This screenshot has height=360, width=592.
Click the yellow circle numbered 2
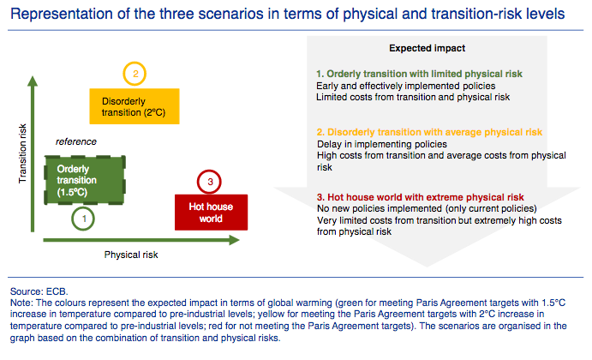coord(135,63)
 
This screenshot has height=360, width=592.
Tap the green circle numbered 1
coord(83,208)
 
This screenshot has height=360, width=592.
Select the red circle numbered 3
coord(209,171)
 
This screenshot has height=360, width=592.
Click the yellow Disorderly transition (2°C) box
coord(135,106)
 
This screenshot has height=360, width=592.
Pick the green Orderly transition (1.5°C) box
coord(85,180)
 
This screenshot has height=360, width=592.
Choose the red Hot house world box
coord(211,213)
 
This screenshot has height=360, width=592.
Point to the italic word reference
coord(76,141)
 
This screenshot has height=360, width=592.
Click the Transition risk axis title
coord(22,153)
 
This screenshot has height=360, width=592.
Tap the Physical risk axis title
coord(131,255)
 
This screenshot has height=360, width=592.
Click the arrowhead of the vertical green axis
coord(33,81)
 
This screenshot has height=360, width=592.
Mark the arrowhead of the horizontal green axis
coord(235,240)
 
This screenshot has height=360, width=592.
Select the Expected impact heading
coord(427,48)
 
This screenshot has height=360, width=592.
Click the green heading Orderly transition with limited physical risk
coord(419,74)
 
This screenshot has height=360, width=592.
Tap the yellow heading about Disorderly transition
coord(429,132)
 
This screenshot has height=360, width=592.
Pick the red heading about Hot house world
coord(420,197)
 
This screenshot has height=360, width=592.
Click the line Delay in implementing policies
coord(382,144)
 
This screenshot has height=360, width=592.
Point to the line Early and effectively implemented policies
coord(406,86)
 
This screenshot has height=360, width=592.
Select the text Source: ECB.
coord(39,291)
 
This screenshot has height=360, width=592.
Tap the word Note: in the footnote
coord(22,303)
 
